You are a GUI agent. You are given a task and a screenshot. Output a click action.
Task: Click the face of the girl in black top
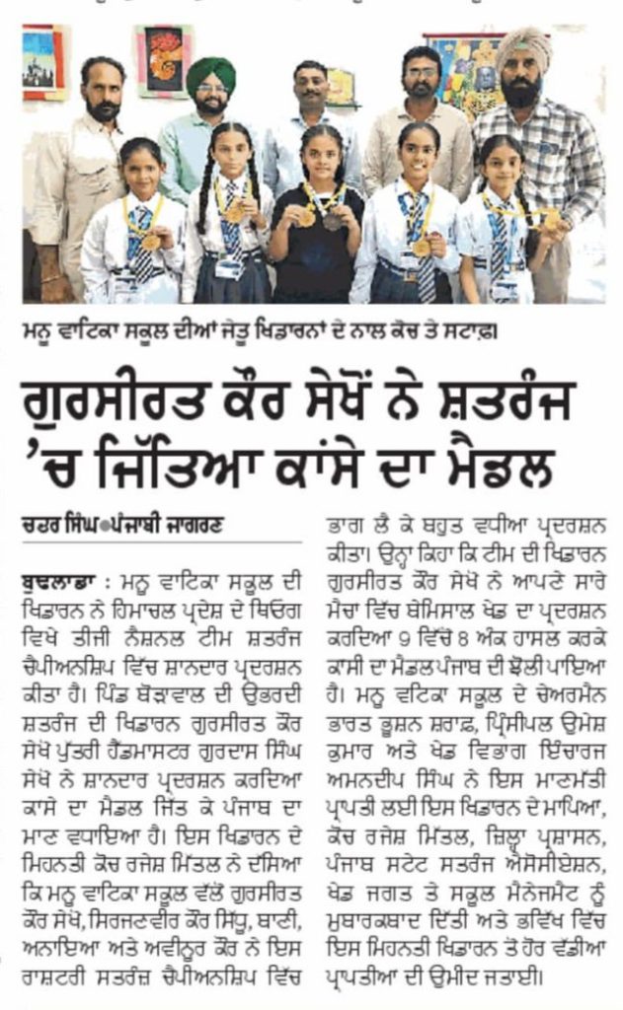point(322,157)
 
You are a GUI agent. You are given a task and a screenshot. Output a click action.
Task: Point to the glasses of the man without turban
point(421,73)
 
